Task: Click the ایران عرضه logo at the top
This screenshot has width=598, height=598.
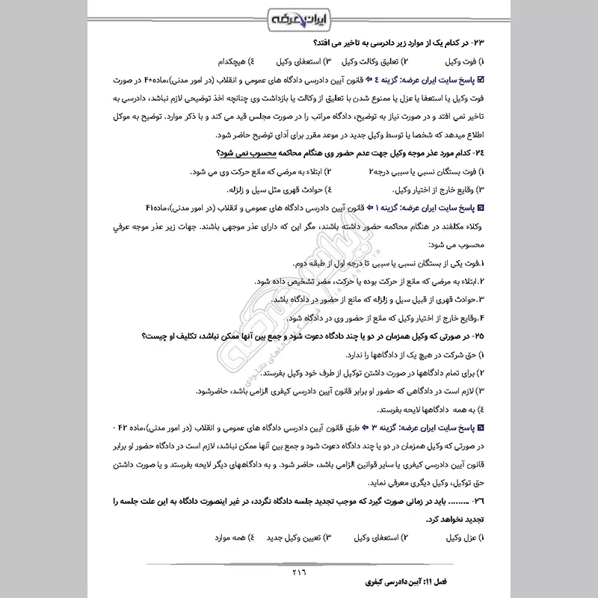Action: pos(299,17)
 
